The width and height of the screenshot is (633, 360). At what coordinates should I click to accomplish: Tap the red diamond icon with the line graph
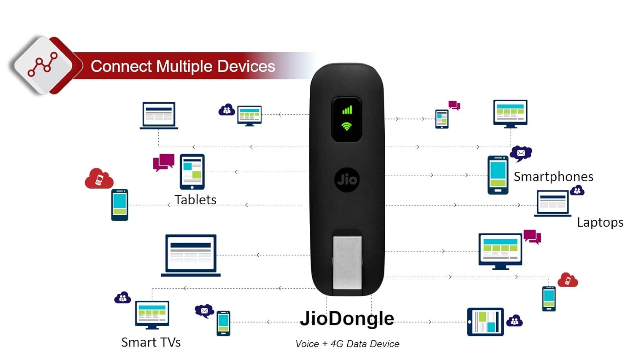pos(43,66)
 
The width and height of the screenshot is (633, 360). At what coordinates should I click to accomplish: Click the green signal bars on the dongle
pos(347,110)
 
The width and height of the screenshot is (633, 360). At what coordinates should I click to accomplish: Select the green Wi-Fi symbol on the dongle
pos(346,126)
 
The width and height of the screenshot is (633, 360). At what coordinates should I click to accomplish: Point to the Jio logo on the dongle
pos(347,180)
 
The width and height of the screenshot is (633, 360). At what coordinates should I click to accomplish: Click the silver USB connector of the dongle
pos(347,263)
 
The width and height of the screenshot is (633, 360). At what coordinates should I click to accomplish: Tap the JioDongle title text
pos(347,319)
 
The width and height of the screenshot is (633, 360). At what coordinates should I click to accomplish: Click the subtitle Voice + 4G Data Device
pos(347,344)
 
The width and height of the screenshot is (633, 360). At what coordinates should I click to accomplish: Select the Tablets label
pos(195,200)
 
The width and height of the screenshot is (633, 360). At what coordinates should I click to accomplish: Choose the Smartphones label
pos(553,176)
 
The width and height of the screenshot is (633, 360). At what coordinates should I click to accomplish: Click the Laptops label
pos(600,222)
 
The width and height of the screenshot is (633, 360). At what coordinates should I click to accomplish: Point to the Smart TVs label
pos(151,342)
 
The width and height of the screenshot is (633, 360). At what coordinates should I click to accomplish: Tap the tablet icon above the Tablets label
pos(192,172)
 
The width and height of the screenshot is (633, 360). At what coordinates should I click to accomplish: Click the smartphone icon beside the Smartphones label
pos(498,175)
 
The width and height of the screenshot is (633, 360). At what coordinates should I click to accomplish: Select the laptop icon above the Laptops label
pos(553,203)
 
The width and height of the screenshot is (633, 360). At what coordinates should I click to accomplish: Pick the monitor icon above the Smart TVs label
pos(152,315)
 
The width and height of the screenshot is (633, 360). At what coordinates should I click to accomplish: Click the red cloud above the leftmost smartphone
pos(99,179)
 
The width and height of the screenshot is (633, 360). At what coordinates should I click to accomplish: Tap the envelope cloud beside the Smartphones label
pos(521,153)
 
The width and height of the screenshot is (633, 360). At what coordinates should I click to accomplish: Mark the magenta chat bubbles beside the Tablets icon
pos(164,162)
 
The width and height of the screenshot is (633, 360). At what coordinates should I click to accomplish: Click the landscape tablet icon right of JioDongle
pos(485,322)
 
